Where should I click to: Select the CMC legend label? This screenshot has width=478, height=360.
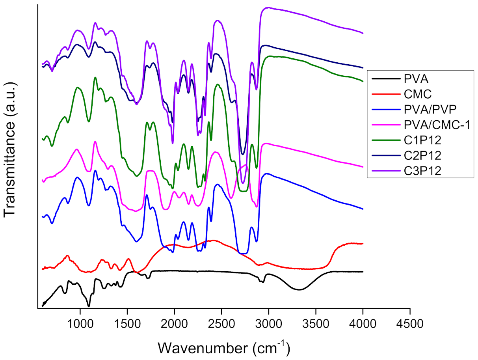click(x=415, y=94)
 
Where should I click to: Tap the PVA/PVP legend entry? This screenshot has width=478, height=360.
click(x=430, y=110)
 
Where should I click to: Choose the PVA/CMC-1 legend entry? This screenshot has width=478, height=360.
click(x=436, y=125)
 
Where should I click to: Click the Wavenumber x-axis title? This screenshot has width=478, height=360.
click(x=224, y=347)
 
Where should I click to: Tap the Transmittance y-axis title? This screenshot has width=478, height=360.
click(x=11, y=150)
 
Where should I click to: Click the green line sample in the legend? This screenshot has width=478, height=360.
click(x=385, y=140)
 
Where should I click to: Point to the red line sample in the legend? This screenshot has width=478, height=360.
click(x=385, y=94)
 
